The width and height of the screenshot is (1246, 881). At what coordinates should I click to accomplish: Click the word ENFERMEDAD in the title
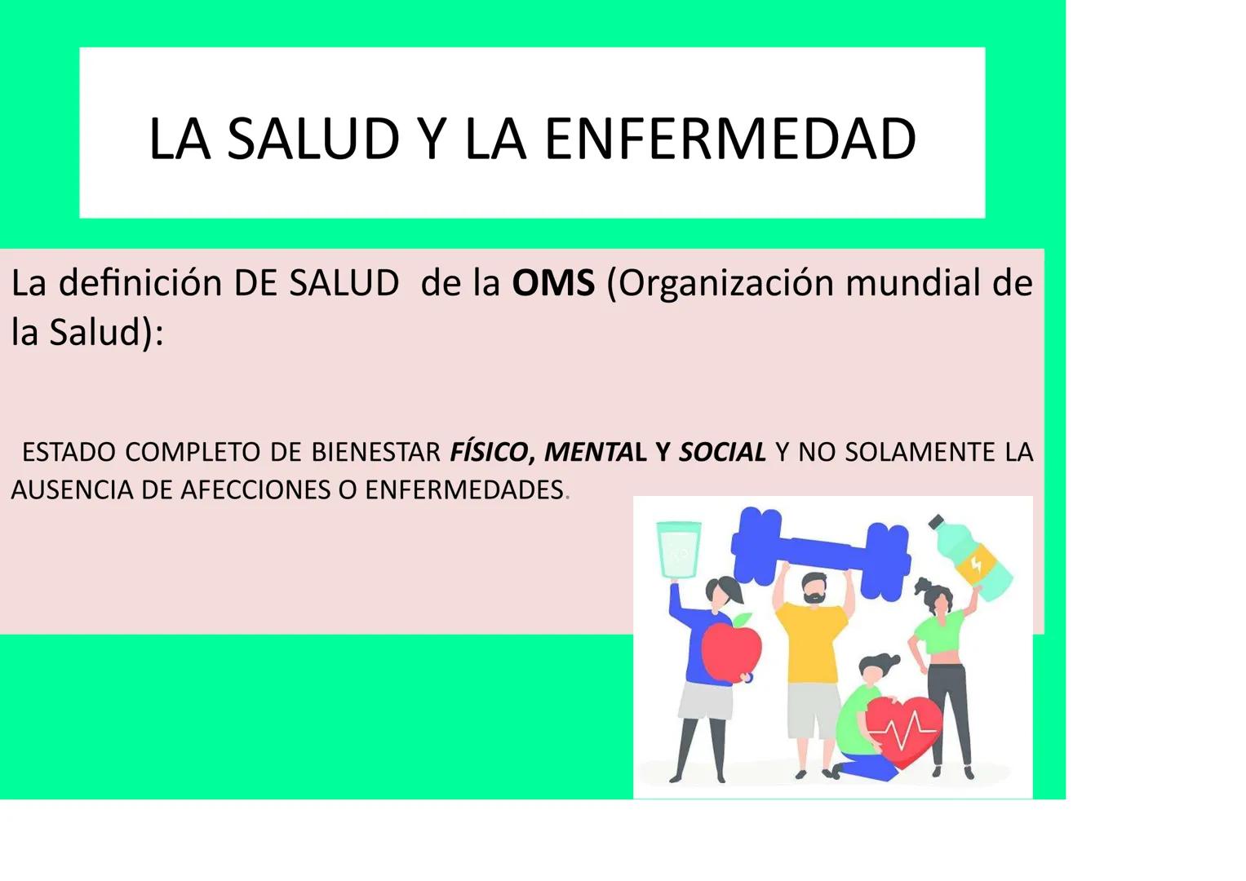(x=729, y=139)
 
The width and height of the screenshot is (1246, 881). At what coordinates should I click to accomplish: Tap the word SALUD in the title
(x=313, y=139)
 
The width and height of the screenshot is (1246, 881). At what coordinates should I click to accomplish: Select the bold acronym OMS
(x=553, y=283)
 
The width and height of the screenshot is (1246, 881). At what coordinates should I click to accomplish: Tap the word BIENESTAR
(x=375, y=451)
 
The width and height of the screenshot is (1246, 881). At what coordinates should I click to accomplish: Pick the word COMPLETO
(x=193, y=451)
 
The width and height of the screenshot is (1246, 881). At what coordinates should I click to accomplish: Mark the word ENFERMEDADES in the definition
(x=464, y=489)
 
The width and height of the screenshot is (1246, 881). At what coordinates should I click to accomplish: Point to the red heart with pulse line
(x=902, y=728)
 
